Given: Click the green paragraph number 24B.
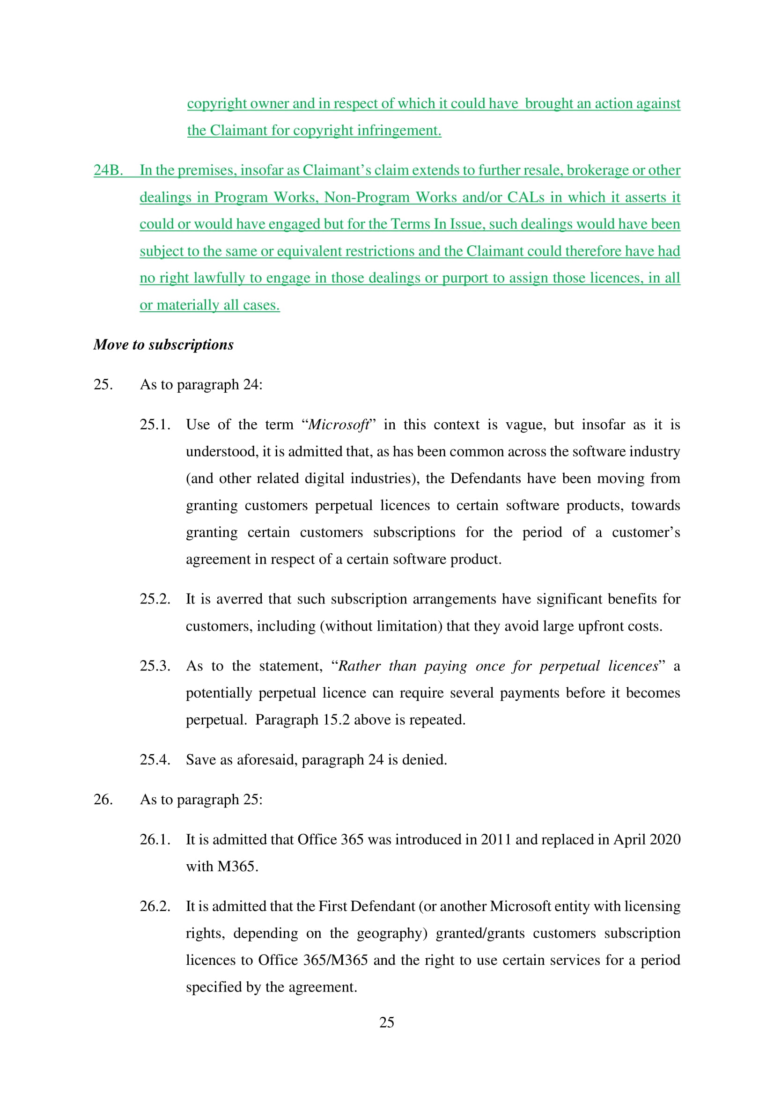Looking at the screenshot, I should click(x=108, y=170).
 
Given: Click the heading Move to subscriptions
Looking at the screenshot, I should click(x=163, y=345).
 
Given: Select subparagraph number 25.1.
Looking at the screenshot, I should click(x=155, y=425).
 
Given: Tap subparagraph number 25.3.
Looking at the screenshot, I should click(x=155, y=666).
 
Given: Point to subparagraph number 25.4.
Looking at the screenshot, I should click(x=155, y=759).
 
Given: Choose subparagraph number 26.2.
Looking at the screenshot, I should click(x=155, y=906).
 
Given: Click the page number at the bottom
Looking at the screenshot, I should click(x=387, y=1022).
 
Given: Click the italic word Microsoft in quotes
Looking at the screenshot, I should click(x=339, y=425).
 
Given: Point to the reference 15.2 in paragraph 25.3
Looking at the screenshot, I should click(x=336, y=720).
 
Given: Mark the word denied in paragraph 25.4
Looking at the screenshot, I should click(x=424, y=759).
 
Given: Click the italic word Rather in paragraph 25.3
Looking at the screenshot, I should click(x=359, y=666).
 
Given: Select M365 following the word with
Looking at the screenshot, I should click(x=237, y=866).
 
